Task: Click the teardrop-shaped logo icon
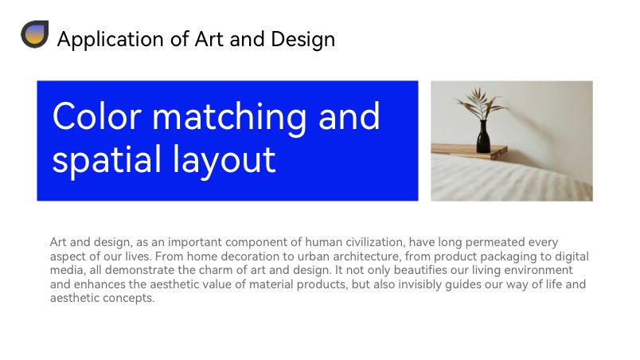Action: coord(35,34)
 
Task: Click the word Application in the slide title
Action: coord(110,40)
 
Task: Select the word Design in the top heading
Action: coord(302,40)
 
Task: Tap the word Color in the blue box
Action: coord(97,117)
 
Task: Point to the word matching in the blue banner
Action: coord(229,118)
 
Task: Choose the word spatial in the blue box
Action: coord(107,159)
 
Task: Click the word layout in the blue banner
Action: coord(224,159)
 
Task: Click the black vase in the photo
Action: coord(483,137)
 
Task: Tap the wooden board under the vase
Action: coord(470,151)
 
